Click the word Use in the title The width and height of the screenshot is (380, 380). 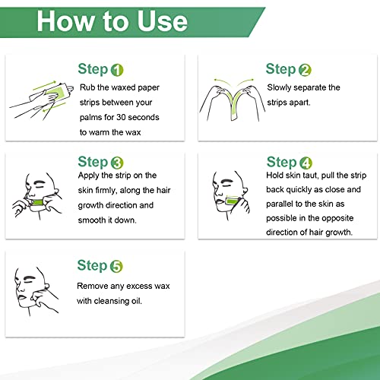(163, 21)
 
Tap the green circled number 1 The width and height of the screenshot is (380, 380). (117, 70)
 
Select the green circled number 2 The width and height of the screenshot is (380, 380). (305, 70)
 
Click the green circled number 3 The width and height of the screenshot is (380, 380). (117, 163)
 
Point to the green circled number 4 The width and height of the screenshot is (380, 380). (306, 163)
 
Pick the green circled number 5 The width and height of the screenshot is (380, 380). (116, 267)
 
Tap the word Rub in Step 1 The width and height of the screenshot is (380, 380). (87, 87)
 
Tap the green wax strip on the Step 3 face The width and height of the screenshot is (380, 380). (38, 203)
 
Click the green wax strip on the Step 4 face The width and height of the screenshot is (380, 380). (232, 201)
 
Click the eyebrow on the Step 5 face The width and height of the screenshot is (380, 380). (28, 277)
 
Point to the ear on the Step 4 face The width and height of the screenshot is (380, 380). (245, 189)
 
